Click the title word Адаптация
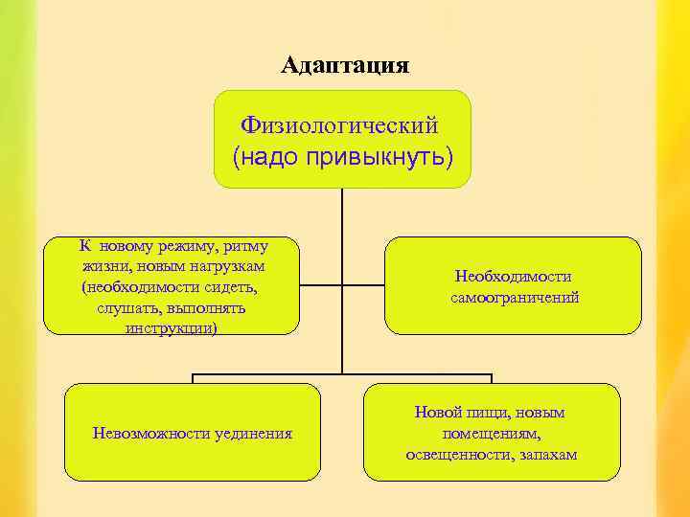345,65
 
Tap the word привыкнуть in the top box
379,154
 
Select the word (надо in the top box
266,154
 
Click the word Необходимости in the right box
514,277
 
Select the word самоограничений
515,298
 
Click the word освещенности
457,453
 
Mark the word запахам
546,453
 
